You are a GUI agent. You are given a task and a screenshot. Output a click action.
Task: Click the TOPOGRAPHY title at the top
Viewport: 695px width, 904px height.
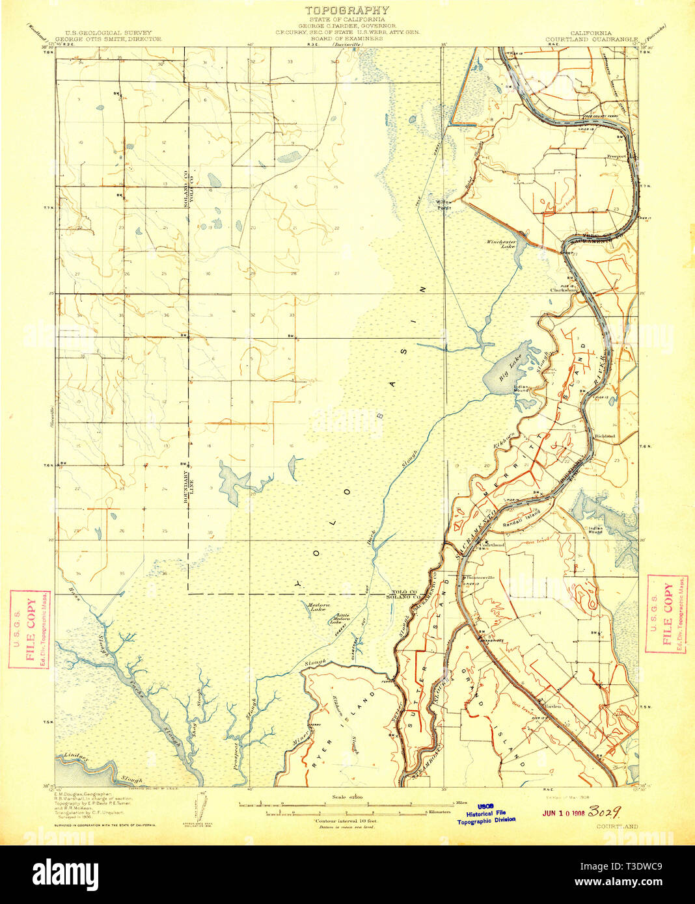coord(347,10)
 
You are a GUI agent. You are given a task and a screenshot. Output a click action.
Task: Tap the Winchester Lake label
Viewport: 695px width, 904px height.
coord(501,245)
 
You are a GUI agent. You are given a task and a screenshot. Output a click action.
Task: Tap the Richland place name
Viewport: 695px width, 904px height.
coord(605,436)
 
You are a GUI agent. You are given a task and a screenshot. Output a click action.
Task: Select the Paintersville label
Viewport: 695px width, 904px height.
coord(479,576)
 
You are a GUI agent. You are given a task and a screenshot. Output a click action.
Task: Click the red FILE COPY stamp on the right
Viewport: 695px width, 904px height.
coord(667,614)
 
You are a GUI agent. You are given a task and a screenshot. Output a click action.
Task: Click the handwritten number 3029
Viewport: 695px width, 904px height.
coord(603,812)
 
